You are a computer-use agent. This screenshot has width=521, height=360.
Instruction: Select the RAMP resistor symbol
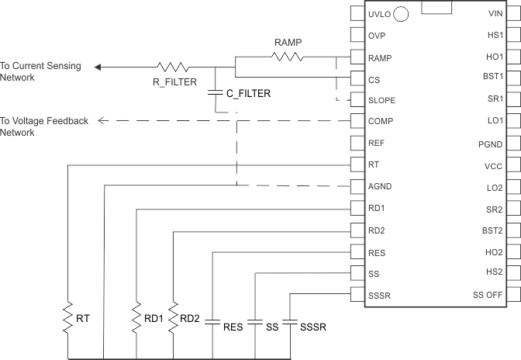287,57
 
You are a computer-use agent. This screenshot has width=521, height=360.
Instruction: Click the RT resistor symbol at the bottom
69,318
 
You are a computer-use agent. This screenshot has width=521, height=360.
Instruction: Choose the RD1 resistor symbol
136,318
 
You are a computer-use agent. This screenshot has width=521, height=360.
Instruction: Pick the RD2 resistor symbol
173,318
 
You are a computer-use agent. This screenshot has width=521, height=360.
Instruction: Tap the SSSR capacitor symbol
290,320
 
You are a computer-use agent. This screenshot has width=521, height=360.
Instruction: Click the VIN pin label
495,14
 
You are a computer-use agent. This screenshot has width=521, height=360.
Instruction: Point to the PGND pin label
491,144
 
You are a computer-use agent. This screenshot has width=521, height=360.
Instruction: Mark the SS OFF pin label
488,295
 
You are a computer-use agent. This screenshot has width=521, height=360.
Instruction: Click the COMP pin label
381,121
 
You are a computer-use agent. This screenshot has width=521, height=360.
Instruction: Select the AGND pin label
381,186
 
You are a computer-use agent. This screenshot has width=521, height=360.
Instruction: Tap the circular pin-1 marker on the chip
402,14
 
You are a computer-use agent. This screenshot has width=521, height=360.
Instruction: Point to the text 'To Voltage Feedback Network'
44,126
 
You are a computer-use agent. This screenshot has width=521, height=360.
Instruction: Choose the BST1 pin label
492,76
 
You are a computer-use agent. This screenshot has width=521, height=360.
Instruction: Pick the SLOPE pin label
382,100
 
